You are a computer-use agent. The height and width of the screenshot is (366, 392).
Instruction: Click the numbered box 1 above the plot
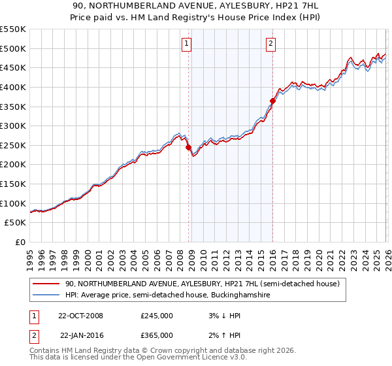coord(186,44)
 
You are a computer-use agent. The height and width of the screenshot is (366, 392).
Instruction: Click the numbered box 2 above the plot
coord(270,44)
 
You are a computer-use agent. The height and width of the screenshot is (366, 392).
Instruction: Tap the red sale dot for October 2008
coord(189,148)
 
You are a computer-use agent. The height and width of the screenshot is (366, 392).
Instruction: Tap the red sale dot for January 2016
coord(272,101)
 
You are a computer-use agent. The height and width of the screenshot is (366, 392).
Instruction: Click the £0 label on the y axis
coord(20,242)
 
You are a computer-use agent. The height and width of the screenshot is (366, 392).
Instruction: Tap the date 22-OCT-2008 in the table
coord(80,316)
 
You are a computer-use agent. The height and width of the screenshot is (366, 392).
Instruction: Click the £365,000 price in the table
coord(156,335)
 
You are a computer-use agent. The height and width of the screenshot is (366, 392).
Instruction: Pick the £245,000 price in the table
coord(156,316)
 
